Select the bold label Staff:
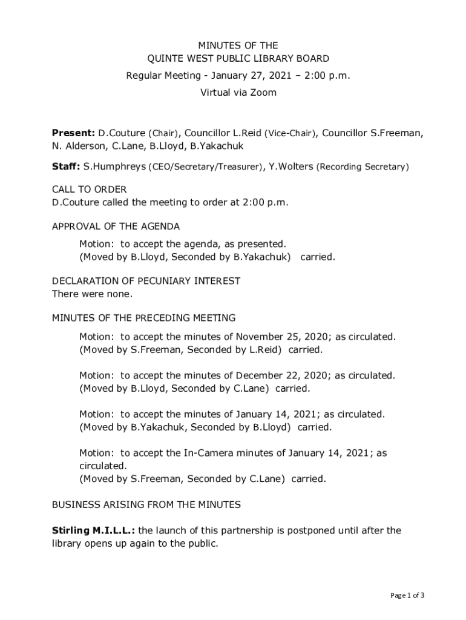click(x=65, y=166)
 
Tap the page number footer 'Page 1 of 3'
click(x=407, y=595)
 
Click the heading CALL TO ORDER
click(x=89, y=190)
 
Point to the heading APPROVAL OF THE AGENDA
click(x=116, y=226)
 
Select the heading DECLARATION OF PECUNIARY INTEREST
click(x=146, y=281)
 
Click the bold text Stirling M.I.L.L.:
click(x=94, y=531)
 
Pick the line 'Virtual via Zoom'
click(x=238, y=93)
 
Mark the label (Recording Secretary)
click(x=363, y=167)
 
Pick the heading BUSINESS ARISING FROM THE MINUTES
click(x=146, y=504)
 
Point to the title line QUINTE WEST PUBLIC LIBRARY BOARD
click(x=239, y=59)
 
